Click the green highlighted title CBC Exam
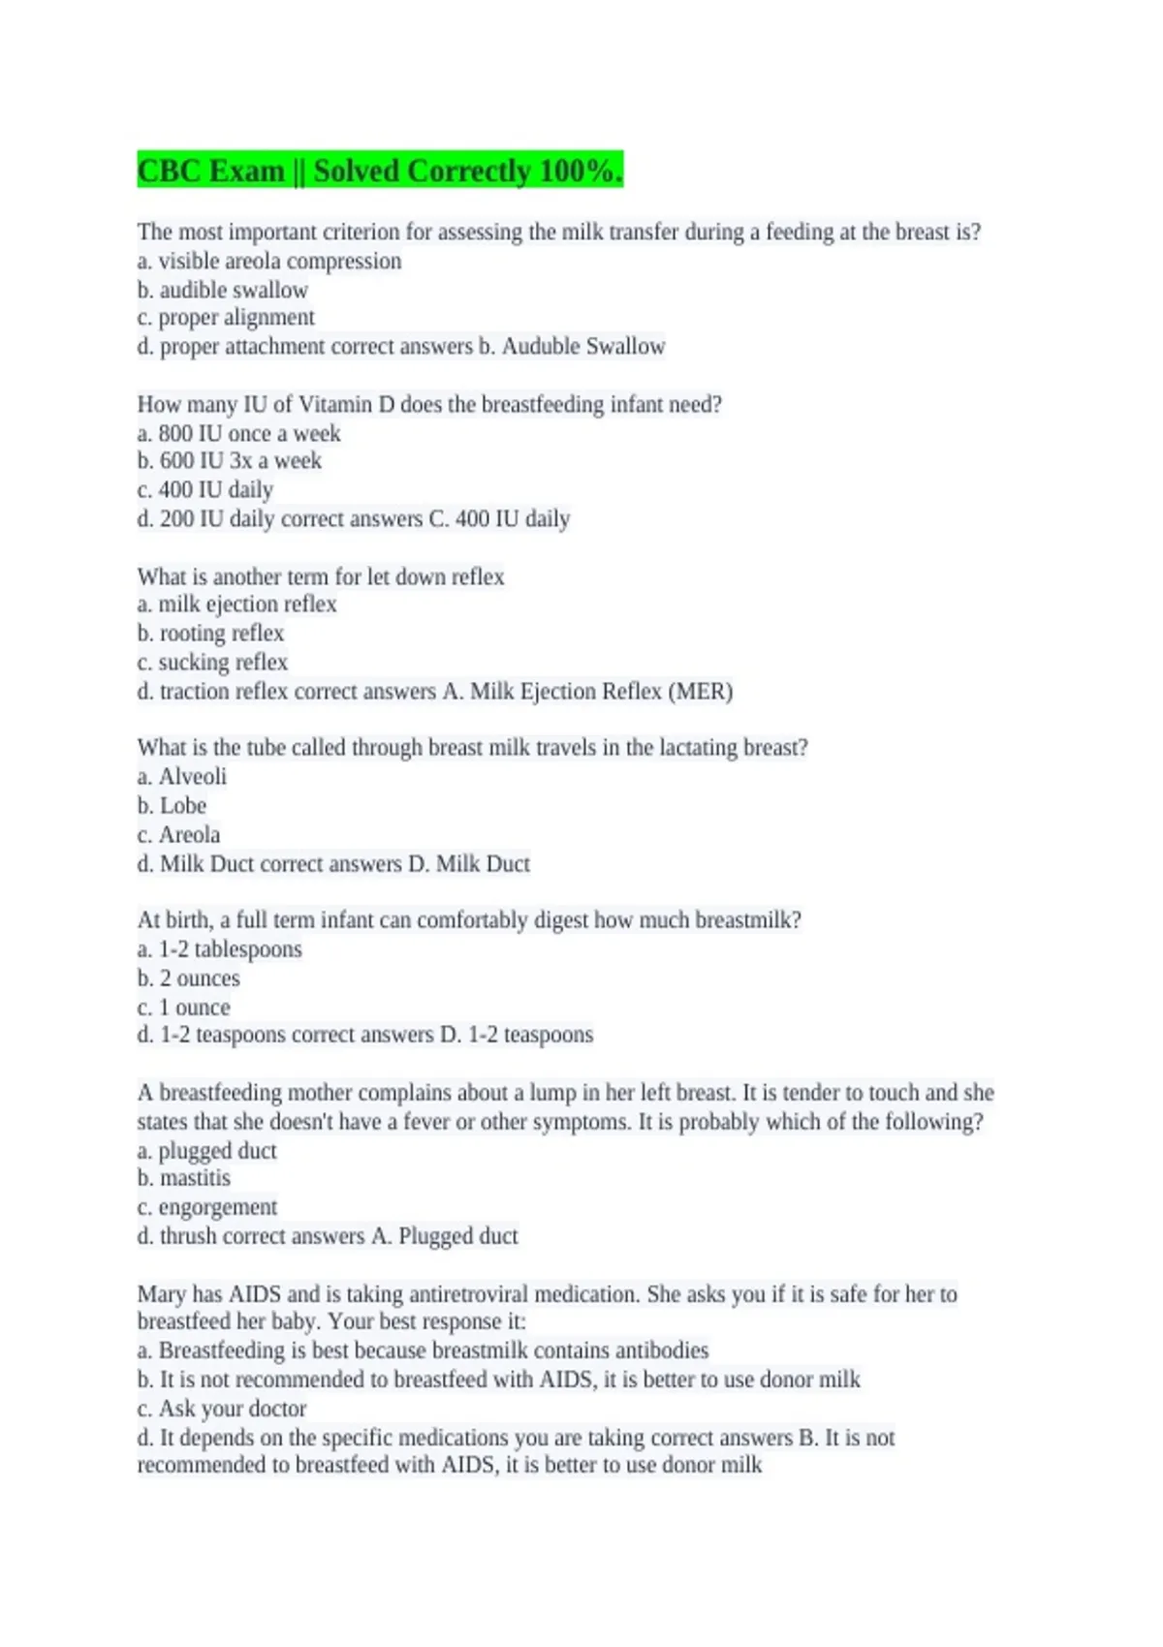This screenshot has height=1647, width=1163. point(379,171)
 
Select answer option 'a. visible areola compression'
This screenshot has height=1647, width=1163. point(269,261)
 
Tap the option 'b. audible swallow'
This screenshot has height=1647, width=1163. point(223,290)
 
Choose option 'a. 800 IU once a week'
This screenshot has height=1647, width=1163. point(239,433)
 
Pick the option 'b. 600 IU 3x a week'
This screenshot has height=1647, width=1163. point(230,461)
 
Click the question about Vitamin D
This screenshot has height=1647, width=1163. point(429,404)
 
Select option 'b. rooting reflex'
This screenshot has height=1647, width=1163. point(211,634)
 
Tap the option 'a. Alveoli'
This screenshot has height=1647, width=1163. point(182,777)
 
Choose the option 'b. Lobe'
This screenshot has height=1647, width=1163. point(173,806)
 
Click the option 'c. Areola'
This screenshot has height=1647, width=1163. point(179,835)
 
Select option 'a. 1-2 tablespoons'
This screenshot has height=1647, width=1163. point(220,949)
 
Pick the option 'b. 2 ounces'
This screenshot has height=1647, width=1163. point(189,979)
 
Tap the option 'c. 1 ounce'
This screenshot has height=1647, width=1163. point(184,1008)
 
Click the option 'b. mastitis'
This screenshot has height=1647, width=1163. point(184,1178)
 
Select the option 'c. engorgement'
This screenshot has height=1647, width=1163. point(207,1207)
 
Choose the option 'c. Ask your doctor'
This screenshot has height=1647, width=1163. point(222,1409)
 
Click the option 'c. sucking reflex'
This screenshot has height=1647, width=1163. point(213,663)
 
